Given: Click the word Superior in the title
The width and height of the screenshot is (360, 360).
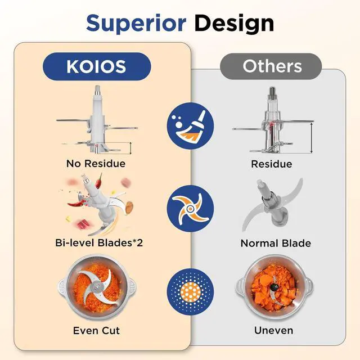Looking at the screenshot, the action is (136, 23).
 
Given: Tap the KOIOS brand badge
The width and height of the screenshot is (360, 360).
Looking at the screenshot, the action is (97, 66).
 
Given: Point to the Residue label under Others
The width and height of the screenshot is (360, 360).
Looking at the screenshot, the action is (272, 164).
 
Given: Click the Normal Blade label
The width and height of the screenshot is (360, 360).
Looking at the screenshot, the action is (276, 244).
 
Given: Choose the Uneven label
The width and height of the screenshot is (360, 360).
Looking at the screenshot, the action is (273, 330).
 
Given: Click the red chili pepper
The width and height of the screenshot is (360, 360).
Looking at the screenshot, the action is (100, 181).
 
